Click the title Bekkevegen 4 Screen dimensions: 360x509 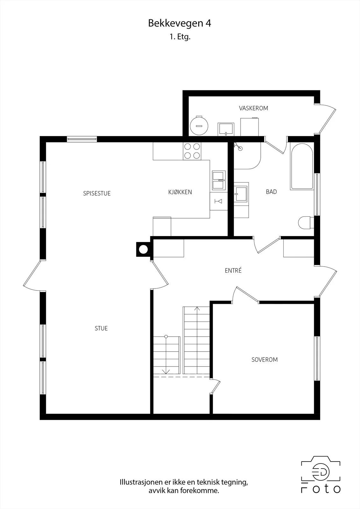tap(180, 24)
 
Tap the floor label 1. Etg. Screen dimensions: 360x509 tap(180, 37)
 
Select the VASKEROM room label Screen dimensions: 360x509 tap(253, 108)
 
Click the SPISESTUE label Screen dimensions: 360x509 tap(97, 193)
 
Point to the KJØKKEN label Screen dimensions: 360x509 tap(180, 192)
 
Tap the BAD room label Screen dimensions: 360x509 tap(271, 192)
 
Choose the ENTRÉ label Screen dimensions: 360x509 tap(233, 270)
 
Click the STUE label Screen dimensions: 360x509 tap(101, 328)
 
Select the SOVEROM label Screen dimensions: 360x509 tap(265, 359)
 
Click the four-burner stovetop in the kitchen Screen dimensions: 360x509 tap(192, 151)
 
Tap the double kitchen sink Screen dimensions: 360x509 tap(219, 180)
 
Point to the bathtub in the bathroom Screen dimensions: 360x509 tap(301, 166)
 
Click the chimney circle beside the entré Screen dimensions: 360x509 tap(143, 249)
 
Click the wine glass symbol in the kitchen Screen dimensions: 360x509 tap(218, 201)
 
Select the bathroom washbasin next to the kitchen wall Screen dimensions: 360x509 tap(241, 194)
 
